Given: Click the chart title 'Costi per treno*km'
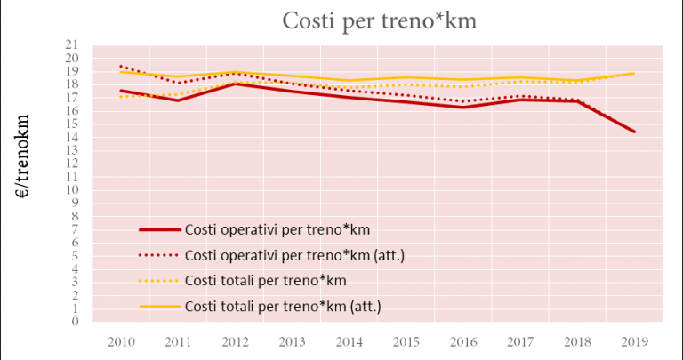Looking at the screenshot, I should coord(380,20).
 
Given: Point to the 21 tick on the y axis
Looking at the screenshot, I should coord(72,44).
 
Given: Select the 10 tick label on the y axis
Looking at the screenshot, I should coord(72,189).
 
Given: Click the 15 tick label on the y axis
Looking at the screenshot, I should coord(72,124).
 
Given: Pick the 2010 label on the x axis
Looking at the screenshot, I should coord(120,340).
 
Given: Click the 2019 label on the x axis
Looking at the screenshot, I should coord(634,340).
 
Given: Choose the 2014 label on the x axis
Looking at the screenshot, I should coord(349,340).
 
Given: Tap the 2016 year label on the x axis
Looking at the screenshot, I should coord(462,340).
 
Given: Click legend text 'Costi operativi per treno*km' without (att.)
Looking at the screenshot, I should coord(277,230).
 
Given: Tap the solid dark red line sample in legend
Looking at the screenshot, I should coord(160,230).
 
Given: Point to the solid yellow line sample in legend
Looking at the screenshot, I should coord(160,307).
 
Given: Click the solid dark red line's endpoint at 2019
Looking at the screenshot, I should coord(634,132).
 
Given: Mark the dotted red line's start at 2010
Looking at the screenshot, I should coord(120,66).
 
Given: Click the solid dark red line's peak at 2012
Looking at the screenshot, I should coord(235,84).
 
